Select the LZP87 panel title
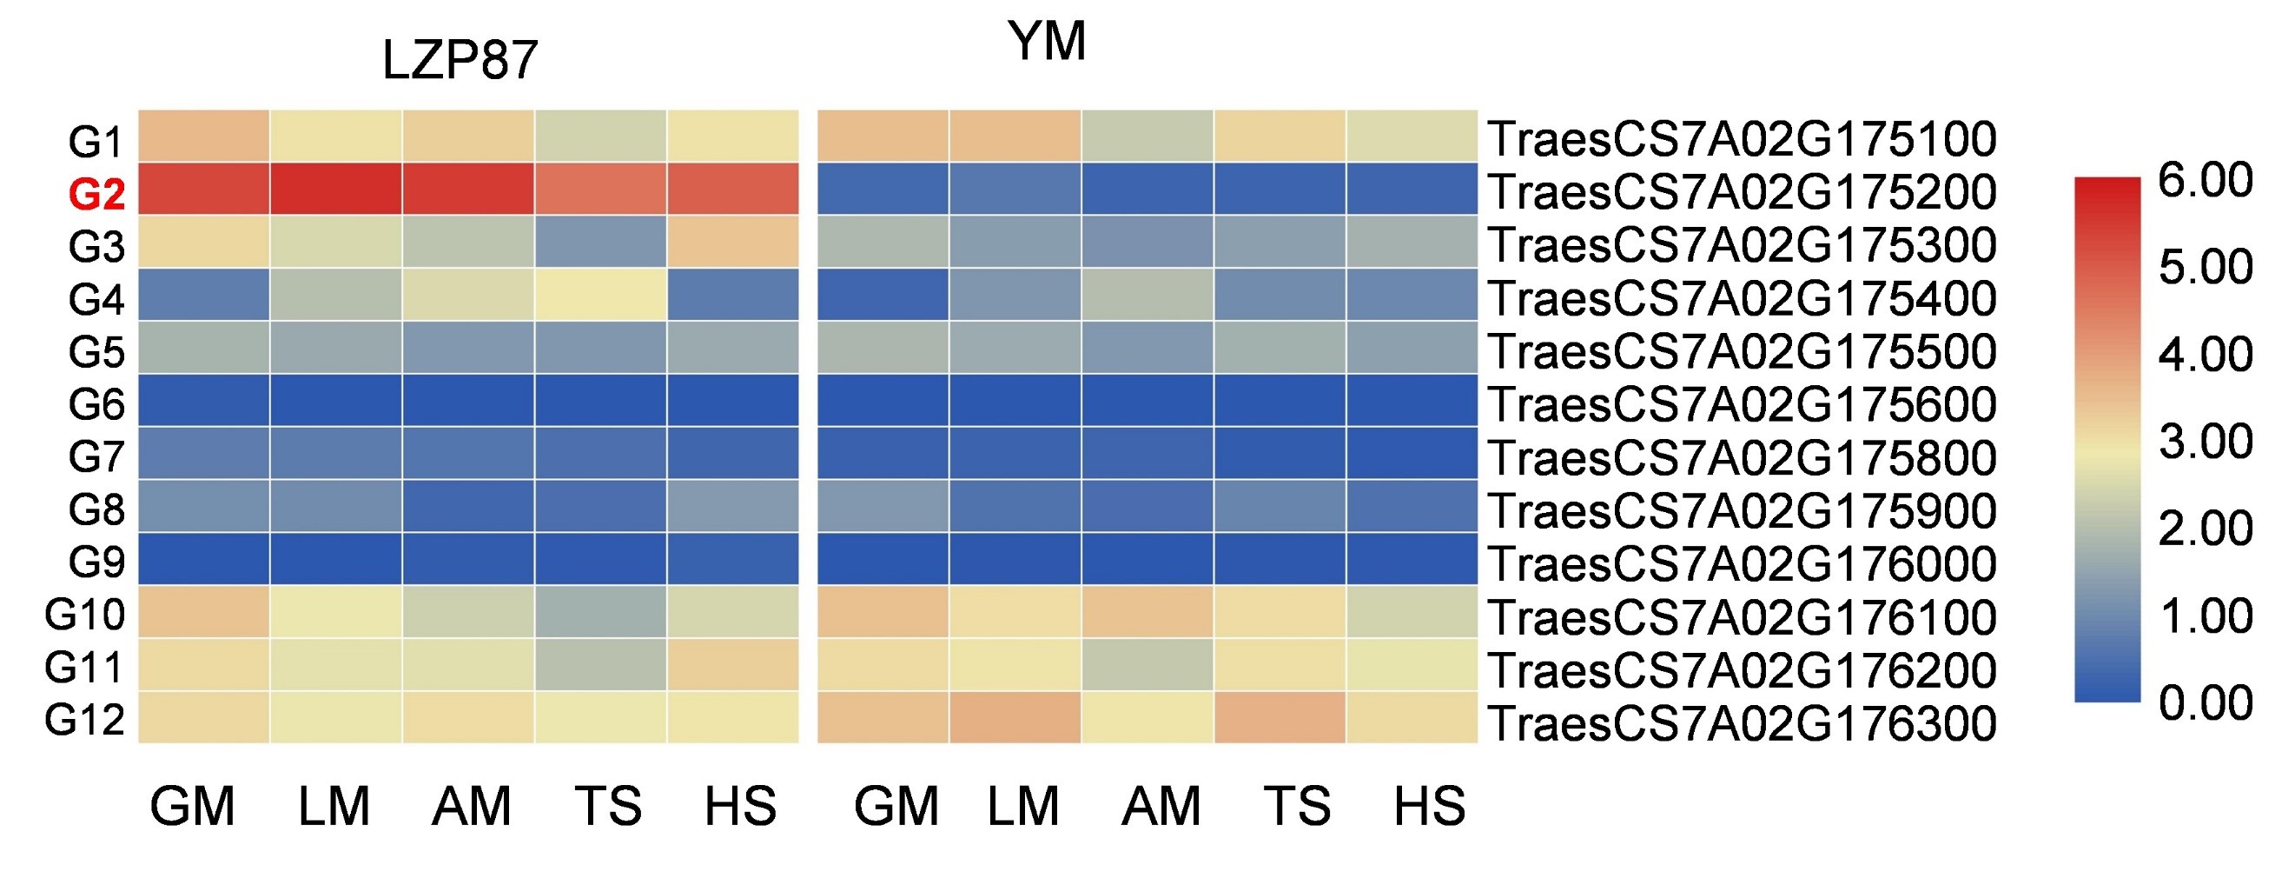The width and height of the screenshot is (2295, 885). (x=459, y=61)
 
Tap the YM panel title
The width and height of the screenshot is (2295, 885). (x=1047, y=41)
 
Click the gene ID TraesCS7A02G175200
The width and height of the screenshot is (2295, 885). (x=1742, y=192)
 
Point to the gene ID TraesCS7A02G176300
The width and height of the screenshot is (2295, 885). (x=1742, y=723)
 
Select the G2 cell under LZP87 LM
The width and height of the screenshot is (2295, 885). (x=336, y=189)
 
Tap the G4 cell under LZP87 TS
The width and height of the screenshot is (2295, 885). (x=600, y=295)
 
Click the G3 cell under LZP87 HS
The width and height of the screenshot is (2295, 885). (x=732, y=242)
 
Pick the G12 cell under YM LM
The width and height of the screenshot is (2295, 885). (x=1015, y=717)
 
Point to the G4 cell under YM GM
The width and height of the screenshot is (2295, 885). (x=883, y=295)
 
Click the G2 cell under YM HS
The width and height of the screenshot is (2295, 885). (x=1412, y=189)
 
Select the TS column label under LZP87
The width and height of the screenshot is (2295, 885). (x=607, y=807)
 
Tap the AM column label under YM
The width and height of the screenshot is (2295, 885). (x=1161, y=807)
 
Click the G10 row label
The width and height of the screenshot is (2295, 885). (x=84, y=615)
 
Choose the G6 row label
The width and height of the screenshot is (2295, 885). (x=96, y=404)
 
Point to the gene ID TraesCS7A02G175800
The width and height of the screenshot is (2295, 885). (x=1742, y=458)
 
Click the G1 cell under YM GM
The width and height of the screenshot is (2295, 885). (x=883, y=136)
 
